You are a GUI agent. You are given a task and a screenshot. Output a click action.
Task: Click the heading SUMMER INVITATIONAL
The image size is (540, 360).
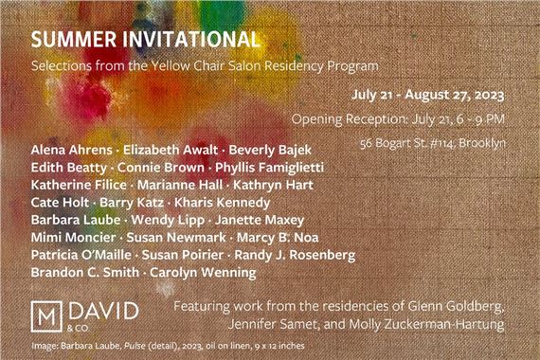145,41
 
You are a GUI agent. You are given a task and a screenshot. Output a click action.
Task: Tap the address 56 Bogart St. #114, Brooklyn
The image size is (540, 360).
433,142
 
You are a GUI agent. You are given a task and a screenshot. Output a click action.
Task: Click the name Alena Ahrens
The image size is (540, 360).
71,151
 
